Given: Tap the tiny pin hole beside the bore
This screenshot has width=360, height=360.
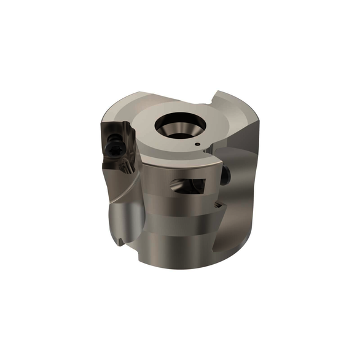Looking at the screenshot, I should pyautogui.click(x=197, y=145).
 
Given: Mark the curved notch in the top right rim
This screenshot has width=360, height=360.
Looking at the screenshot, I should pyautogui.click(x=221, y=98).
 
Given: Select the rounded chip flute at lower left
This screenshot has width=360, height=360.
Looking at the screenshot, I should pyautogui.click(x=127, y=221).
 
